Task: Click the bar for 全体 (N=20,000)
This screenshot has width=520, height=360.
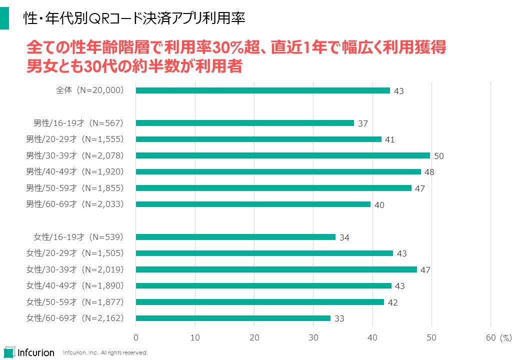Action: (263, 90)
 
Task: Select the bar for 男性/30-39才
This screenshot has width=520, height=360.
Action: (283, 155)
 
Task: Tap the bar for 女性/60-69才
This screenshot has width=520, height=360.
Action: (233, 318)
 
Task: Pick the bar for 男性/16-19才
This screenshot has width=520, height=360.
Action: (245, 123)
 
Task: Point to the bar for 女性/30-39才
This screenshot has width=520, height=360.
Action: (276, 269)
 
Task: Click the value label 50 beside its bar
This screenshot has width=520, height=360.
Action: (439, 156)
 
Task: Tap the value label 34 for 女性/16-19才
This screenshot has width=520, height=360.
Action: (344, 237)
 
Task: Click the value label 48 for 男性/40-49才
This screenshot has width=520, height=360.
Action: (429, 172)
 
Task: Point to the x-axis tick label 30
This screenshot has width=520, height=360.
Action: (313, 337)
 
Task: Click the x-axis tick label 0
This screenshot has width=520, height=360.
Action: (136, 337)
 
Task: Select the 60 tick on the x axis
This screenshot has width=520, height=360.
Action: (490, 337)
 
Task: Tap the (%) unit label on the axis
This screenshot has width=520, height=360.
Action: (505, 337)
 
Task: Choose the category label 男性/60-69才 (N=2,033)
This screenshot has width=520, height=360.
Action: (75, 204)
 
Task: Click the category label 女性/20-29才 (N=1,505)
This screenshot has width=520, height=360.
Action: (75, 253)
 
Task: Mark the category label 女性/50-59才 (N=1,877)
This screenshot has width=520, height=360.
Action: (75, 302)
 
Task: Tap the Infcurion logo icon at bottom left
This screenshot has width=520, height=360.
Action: (9, 352)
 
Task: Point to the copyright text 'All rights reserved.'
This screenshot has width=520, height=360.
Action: (124, 352)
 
